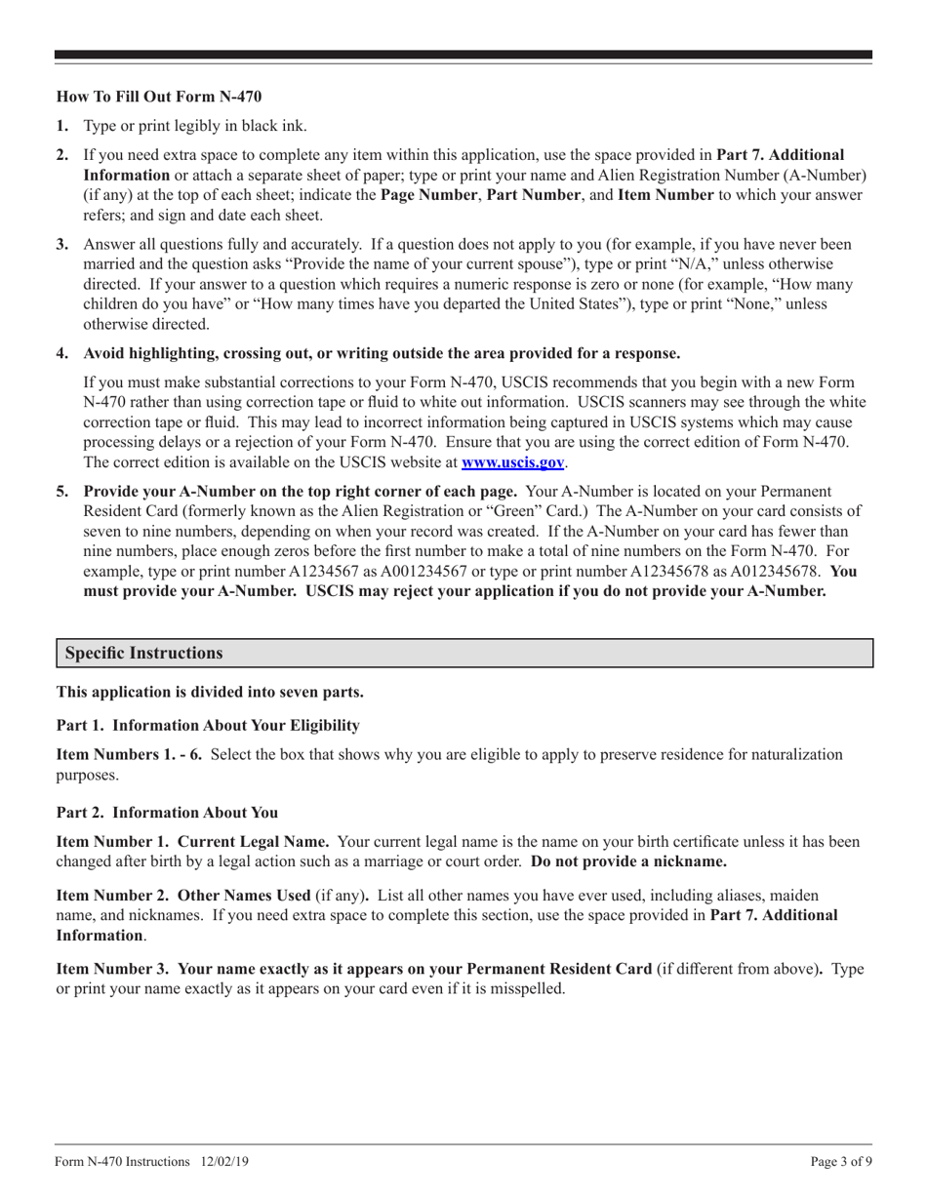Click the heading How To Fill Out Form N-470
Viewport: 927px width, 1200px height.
(158, 97)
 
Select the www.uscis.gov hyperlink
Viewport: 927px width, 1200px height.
(512, 462)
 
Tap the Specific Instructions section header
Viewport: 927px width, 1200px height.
(143, 654)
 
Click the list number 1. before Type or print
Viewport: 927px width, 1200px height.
(62, 126)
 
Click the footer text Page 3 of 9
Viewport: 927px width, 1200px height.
(840, 1161)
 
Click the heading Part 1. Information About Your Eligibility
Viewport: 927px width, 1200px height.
(208, 725)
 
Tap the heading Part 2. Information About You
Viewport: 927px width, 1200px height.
(167, 812)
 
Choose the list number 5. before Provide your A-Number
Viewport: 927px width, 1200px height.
(62, 491)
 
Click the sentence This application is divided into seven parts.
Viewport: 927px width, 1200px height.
(210, 692)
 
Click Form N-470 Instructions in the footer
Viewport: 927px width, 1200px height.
(123, 1161)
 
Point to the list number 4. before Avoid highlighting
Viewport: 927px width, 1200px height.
(62, 353)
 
